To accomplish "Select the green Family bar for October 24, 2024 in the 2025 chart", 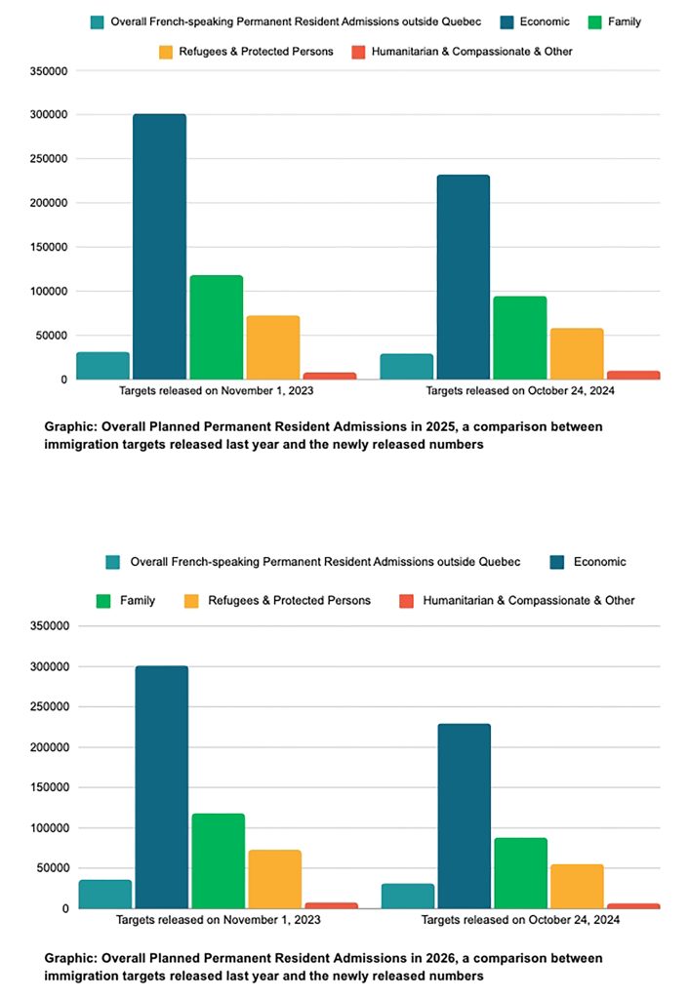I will click(x=519, y=338).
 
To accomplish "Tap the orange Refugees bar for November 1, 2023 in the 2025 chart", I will click(x=273, y=347).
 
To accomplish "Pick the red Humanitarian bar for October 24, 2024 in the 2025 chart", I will click(x=633, y=375).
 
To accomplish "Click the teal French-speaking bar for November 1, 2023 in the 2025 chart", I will click(x=102, y=366).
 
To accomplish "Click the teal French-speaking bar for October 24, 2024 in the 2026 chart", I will click(x=408, y=896).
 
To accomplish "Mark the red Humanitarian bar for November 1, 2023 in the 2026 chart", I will click(x=332, y=905).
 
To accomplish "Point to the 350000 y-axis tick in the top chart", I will click(x=48, y=71).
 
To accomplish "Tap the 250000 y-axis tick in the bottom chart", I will click(x=48, y=707).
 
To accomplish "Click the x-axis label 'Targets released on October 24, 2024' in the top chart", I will click(x=519, y=391).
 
